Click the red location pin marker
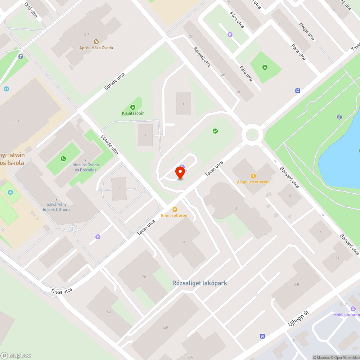pos(180,172)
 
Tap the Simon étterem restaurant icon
pos(175,210)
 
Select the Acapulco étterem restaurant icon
pos(253,176)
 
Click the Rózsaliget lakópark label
pos(199,283)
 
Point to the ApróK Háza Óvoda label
pos(96,48)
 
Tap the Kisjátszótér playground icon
pos(133,107)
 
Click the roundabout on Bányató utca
pos(252,135)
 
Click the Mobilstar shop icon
pos(353,309)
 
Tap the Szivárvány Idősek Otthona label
pos(57,207)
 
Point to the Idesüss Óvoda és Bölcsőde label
pos(85,167)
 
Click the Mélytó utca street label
pos(307,32)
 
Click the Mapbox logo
pos(16,355)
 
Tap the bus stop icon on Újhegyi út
pos(262,336)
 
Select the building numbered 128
pos(165,327)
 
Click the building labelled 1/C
pos(184,242)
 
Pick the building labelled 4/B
pos(296,284)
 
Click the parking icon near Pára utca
pos(230,35)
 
